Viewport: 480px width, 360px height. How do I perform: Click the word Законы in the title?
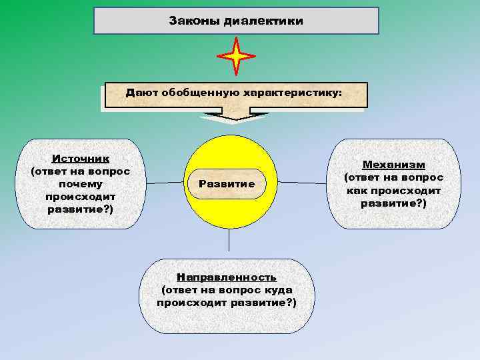point(193,21)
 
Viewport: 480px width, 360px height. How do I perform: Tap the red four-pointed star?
point(236,57)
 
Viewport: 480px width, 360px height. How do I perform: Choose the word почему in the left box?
point(81,184)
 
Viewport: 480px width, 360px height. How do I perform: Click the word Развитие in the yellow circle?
point(227,183)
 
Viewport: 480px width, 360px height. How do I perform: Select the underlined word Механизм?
point(394,164)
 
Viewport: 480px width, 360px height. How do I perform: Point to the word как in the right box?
point(356,190)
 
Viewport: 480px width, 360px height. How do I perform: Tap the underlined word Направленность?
point(226,277)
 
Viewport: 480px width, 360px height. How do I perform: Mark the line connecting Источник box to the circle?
point(167,182)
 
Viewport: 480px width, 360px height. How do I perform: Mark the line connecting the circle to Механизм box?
point(303,182)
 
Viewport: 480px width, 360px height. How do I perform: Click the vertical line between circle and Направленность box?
point(229,243)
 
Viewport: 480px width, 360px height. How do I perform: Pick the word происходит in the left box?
point(81,197)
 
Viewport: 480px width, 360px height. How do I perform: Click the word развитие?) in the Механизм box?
point(393,203)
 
